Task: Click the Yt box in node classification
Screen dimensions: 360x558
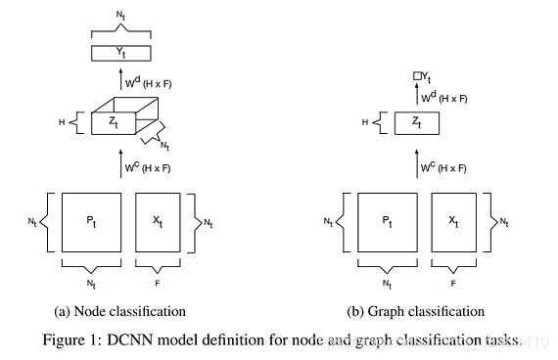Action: coord(122,53)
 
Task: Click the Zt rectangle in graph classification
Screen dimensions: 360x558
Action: coord(416,122)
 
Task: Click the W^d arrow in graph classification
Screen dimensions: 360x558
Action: coord(417,97)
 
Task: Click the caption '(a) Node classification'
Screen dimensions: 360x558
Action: coord(122,311)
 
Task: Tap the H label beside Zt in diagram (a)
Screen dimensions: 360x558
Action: coord(60,123)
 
